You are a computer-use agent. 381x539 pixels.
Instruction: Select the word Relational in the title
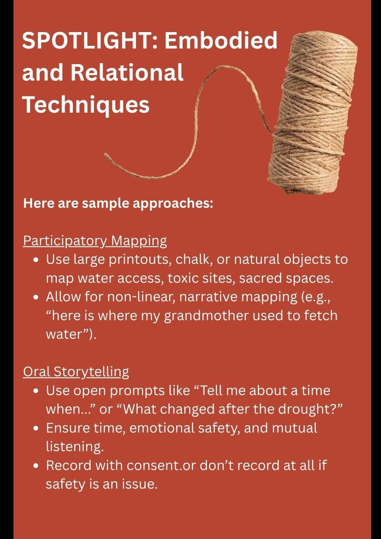(127, 72)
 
